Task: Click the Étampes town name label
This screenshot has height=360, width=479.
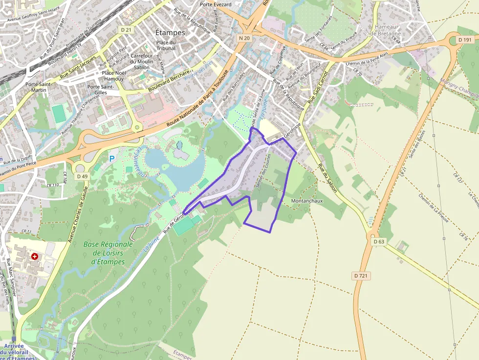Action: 170,33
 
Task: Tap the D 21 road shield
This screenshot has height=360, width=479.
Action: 126,30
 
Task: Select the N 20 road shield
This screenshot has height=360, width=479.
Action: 244,38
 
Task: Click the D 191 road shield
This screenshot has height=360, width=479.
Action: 465,39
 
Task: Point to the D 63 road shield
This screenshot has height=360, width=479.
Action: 379,241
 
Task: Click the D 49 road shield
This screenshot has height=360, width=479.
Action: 82,176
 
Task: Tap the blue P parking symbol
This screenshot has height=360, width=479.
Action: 112,159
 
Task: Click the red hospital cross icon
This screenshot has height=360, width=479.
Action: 35,256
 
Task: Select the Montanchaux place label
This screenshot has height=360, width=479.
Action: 306,201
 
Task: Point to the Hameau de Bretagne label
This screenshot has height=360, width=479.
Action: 388,30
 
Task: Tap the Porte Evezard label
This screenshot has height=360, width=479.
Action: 216,4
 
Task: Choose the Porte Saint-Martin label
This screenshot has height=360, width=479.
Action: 39,86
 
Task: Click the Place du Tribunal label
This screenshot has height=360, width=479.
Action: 166,45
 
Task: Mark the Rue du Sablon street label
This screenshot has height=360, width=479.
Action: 327,178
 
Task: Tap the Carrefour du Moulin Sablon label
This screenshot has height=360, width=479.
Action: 142,62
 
